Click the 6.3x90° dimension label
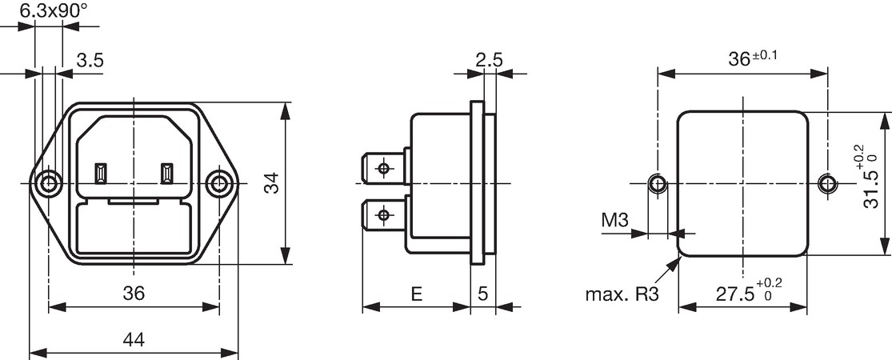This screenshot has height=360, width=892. click(x=54, y=10)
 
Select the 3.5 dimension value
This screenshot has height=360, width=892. click(x=90, y=60)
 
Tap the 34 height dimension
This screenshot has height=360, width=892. click(x=274, y=183)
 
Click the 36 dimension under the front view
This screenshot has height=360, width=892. click(x=134, y=294)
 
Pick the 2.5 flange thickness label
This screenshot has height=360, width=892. click(x=490, y=60)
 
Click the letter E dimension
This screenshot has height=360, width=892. click(x=417, y=294)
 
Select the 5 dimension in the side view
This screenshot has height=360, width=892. click(x=483, y=294)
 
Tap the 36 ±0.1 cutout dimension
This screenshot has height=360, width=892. click(x=753, y=58)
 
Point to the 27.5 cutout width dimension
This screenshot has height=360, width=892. click(x=748, y=291)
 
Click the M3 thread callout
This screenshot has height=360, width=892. click(x=615, y=220)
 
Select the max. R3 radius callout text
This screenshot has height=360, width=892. click(x=622, y=294)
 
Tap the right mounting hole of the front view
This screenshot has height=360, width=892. click(x=218, y=184)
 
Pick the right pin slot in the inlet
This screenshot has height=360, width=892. click(x=166, y=174)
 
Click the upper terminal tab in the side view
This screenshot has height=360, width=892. click(x=384, y=168)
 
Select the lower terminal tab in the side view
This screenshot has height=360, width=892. click(x=384, y=215)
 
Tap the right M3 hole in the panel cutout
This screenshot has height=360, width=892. click(x=827, y=184)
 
